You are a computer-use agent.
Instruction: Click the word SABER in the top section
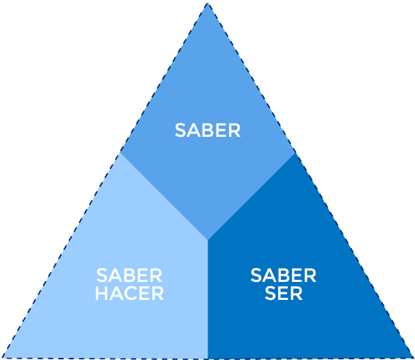tap(207, 131)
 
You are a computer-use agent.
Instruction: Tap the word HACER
tap(129, 293)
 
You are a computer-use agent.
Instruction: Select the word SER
tap(284, 293)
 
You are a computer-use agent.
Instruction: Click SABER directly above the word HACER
tap(129, 276)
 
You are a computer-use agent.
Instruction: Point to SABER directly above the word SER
tap(284, 276)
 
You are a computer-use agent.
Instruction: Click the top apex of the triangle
tap(207, 3)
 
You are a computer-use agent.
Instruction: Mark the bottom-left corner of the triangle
tap(3, 357)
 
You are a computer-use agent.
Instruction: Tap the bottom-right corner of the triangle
tap(412, 357)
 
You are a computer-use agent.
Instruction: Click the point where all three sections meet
tap(208, 240)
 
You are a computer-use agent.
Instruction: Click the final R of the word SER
tap(296, 293)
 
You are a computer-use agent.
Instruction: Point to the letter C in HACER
tap(131, 293)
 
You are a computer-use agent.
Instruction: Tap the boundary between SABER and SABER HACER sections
tap(165, 196)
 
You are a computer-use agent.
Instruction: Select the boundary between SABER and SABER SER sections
tap(252, 196)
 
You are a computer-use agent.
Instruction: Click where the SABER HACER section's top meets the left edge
tap(121, 153)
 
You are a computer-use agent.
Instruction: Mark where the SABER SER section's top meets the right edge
tap(295, 153)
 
